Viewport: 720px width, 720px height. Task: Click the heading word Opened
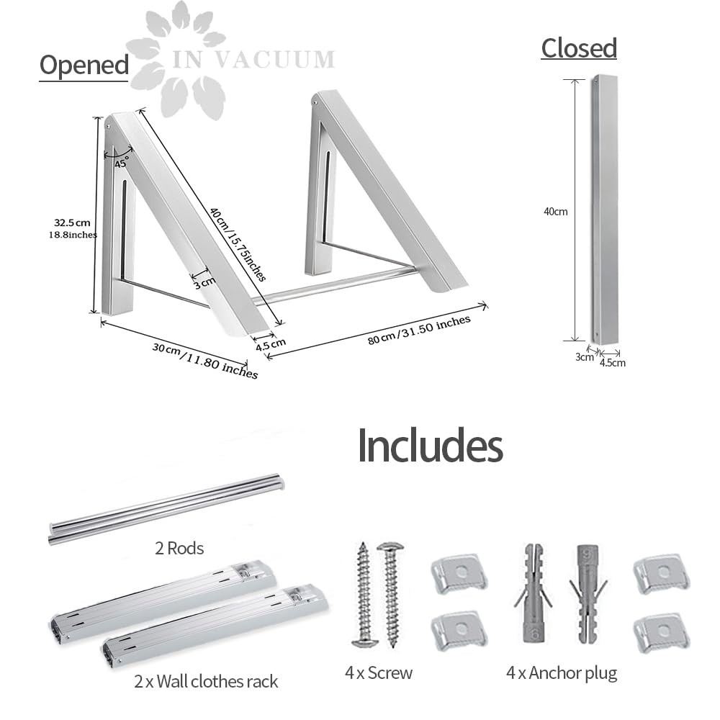(x=84, y=66)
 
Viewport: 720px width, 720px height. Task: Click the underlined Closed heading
(x=579, y=48)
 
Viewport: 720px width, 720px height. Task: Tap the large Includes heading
(x=431, y=445)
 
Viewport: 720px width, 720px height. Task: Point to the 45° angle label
(x=122, y=163)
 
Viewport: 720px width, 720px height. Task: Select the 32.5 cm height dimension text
(x=72, y=222)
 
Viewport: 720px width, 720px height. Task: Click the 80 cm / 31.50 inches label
(x=419, y=329)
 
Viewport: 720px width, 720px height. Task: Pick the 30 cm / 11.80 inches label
(x=204, y=361)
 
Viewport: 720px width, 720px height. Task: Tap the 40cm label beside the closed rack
(x=556, y=212)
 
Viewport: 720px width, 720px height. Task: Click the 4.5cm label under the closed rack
(x=613, y=363)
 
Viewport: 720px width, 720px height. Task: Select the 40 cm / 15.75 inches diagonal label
(x=238, y=244)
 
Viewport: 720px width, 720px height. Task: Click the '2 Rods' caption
(x=179, y=548)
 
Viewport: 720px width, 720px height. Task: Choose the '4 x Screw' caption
(x=379, y=672)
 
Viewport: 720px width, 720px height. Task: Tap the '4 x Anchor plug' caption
(x=562, y=673)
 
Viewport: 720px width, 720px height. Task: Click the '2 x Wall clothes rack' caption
(x=206, y=681)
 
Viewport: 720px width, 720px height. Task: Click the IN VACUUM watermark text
(x=253, y=60)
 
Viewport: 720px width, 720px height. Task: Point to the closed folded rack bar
(x=604, y=210)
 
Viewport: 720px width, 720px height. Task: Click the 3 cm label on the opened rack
(x=204, y=283)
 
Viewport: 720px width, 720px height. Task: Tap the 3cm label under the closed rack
(x=584, y=357)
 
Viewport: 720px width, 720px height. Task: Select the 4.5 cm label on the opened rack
(x=271, y=344)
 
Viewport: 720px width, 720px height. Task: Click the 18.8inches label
(x=73, y=235)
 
